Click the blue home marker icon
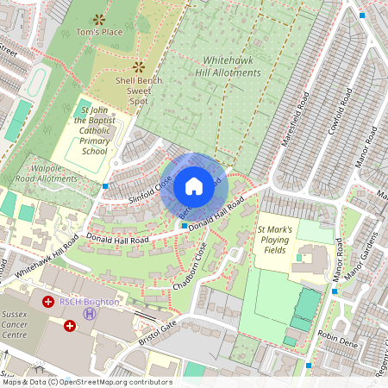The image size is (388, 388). click(194, 186)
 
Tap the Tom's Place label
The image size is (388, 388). click(99, 32)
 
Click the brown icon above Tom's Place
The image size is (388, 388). click(99, 18)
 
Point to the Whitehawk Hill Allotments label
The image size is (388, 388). click(231, 66)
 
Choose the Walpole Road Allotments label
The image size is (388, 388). click(46, 172)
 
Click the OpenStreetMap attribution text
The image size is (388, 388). click(86, 382)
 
